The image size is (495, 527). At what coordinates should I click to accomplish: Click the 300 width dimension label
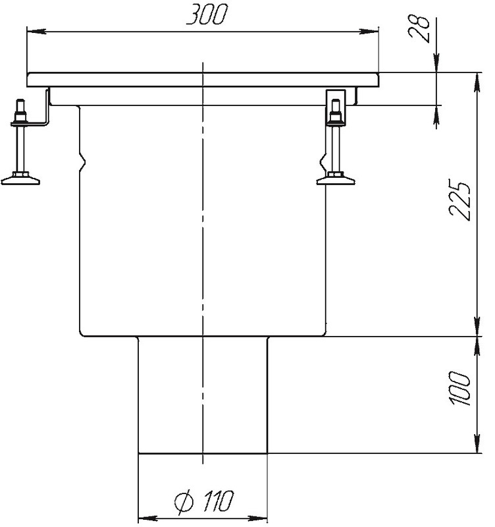(x=207, y=14)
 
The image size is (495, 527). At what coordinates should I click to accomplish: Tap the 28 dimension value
(x=419, y=28)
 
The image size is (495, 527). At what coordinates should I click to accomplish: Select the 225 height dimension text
(x=459, y=201)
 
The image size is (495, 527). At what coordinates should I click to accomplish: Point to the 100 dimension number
(x=459, y=388)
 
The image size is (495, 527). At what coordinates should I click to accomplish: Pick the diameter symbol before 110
(x=184, y=501)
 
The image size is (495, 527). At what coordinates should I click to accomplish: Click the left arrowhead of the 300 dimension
(x=36, y=32)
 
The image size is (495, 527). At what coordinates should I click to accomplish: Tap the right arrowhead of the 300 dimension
(x=369, y=32)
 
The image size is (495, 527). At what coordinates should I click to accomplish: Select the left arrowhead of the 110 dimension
(x=148, y=518)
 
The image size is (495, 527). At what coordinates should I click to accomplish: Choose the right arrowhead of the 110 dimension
(x=257, y=518)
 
